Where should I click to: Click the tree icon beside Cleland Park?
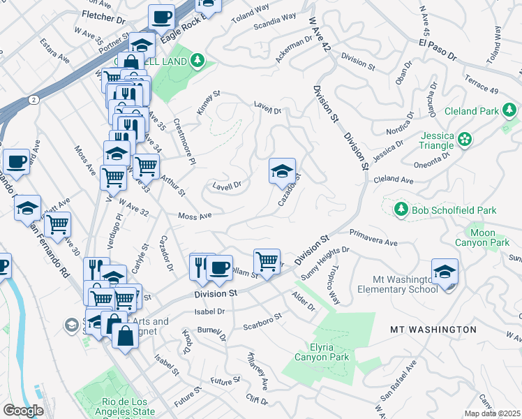pos(510,110)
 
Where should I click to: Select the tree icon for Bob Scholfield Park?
pos(401,209)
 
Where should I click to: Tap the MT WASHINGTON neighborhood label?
pos(433,329)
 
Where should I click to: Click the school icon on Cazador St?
pos(283,171)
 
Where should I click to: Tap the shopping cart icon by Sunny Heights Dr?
pos(267,261)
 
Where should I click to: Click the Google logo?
pos(23,411)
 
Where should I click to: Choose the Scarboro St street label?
pos(262,321)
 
